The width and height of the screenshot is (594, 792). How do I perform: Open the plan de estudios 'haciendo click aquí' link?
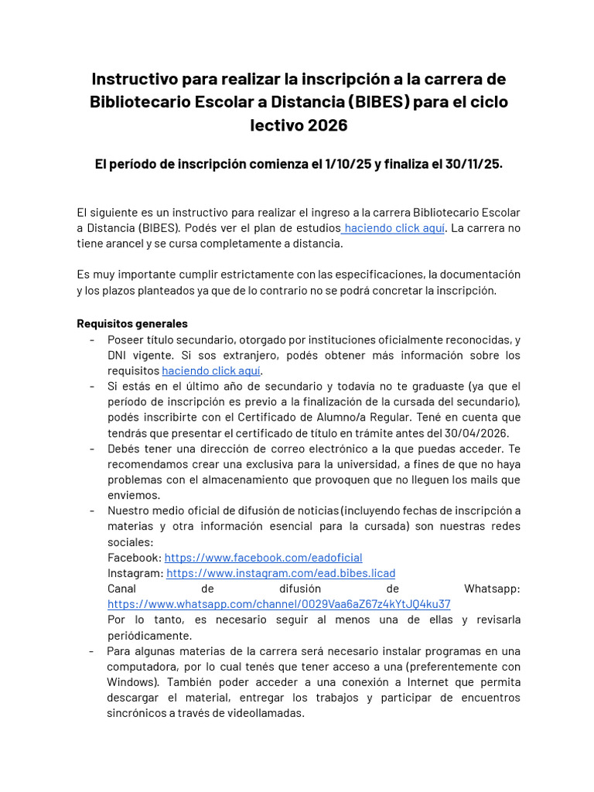[x=394, y=228]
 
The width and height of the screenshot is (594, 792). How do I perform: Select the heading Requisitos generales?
[x=132, y=324]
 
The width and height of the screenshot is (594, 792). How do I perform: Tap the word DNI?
[x=119, y=355]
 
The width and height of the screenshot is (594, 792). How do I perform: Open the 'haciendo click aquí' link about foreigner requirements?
[x=211, y=370]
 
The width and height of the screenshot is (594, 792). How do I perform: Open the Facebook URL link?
[x=263, y=558]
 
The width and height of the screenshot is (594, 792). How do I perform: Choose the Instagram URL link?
[x=281, y=573]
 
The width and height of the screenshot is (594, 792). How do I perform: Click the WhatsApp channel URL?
[x=278, y=604]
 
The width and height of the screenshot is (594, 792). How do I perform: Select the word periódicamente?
[x=149, y=636]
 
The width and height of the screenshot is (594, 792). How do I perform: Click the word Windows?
[x=129, y=682]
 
